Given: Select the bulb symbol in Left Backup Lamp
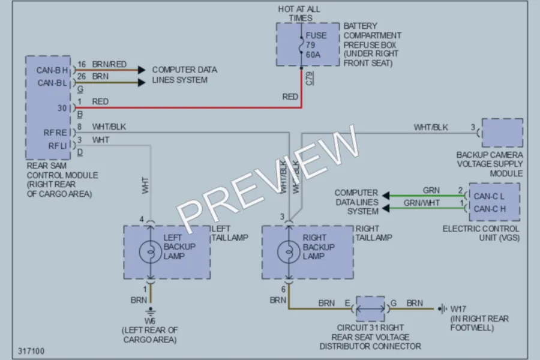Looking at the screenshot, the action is point(151,252).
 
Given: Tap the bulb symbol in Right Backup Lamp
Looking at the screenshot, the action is point(289,252).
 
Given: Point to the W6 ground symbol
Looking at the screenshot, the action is point(150,311).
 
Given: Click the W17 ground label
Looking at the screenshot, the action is point(458,308).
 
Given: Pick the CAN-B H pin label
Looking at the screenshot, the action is point(52,71).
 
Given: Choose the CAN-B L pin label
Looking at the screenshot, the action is point(52,83).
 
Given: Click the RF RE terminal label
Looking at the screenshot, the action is point(55,133).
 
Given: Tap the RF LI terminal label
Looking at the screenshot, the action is point(57,146).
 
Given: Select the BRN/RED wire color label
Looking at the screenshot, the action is point(109,64).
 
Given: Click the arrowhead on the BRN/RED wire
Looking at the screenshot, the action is point(142,70).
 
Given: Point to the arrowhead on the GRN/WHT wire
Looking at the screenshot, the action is point(386,208).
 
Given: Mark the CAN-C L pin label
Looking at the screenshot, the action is point(488,196).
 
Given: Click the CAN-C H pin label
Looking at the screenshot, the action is point(490,209).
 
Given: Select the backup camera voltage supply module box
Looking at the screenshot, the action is point(502,133).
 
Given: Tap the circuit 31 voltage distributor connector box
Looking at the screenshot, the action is point(370,309).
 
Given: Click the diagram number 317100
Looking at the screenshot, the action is point(31,351).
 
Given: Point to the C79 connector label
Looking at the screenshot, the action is point(310,79).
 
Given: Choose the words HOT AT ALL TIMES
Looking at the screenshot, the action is point(299,13).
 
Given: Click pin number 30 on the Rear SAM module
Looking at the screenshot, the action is point(62,108).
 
